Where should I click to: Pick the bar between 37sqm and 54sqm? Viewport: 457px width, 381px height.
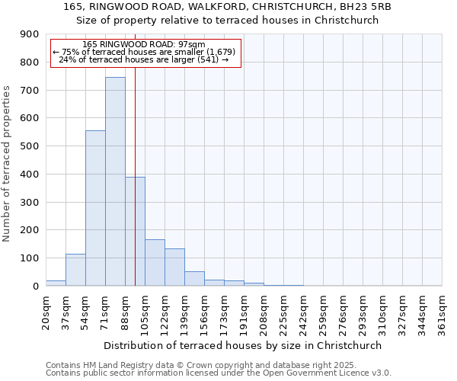coord(75,270)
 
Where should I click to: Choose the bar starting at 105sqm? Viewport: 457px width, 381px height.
coord(155,263)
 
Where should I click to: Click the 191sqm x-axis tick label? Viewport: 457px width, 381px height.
coord(244,312)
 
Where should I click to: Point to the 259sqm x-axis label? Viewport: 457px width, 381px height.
coord(323,312)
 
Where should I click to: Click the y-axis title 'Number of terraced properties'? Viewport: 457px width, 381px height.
coord(8,164)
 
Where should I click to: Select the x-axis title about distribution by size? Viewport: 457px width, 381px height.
coord(243,345)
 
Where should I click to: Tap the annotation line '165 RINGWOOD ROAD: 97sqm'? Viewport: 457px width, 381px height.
coord(144,44)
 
